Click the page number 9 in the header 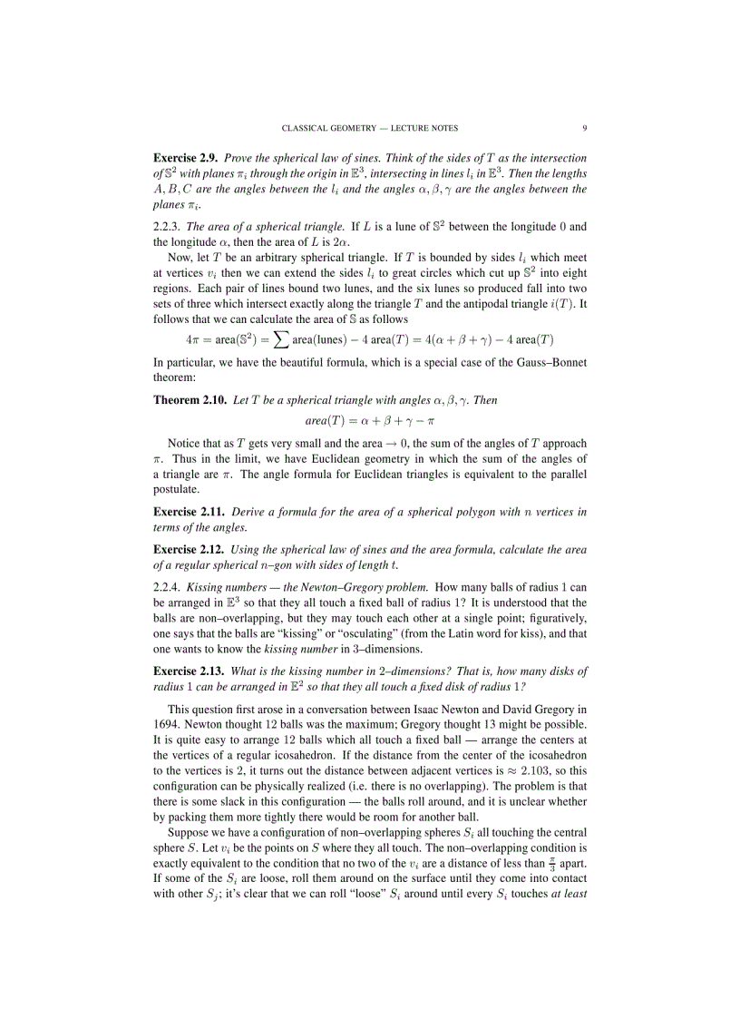[584, 128]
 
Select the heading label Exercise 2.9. [185, 158]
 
